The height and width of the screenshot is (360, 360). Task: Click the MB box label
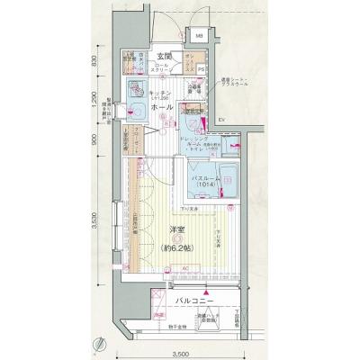pos(199,37)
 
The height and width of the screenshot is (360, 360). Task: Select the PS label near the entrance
pos(202,68)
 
